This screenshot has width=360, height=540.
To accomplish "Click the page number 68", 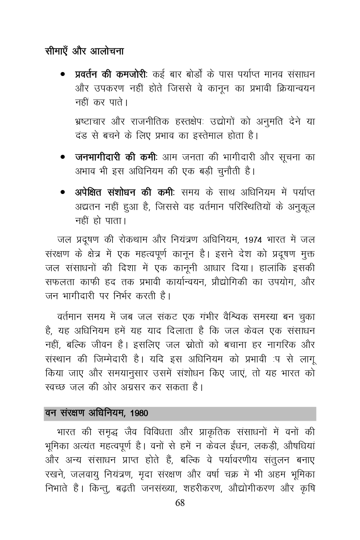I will [x=180, y=503].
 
